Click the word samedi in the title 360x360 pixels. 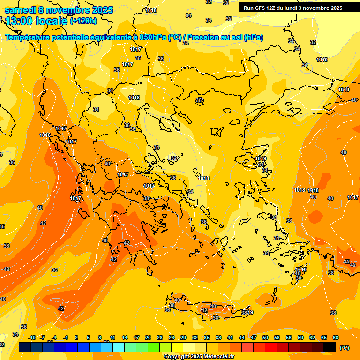pos(22,10)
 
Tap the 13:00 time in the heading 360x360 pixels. pos(19,21)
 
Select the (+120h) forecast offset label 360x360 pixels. pos(83,21)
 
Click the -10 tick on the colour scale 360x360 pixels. pos(32,337)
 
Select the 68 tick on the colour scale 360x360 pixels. pos(336,337)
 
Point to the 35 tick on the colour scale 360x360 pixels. pos(207,337)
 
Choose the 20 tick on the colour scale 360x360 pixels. pos(148,337)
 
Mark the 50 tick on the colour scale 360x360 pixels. pos(265,337)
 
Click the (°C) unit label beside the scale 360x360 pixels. pos(345,348)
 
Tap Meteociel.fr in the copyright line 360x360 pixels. pos(217,357)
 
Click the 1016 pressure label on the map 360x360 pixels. pos(45,135)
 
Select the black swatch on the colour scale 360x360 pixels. pos(330,347)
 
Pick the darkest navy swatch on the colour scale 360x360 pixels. pos(25,347)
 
